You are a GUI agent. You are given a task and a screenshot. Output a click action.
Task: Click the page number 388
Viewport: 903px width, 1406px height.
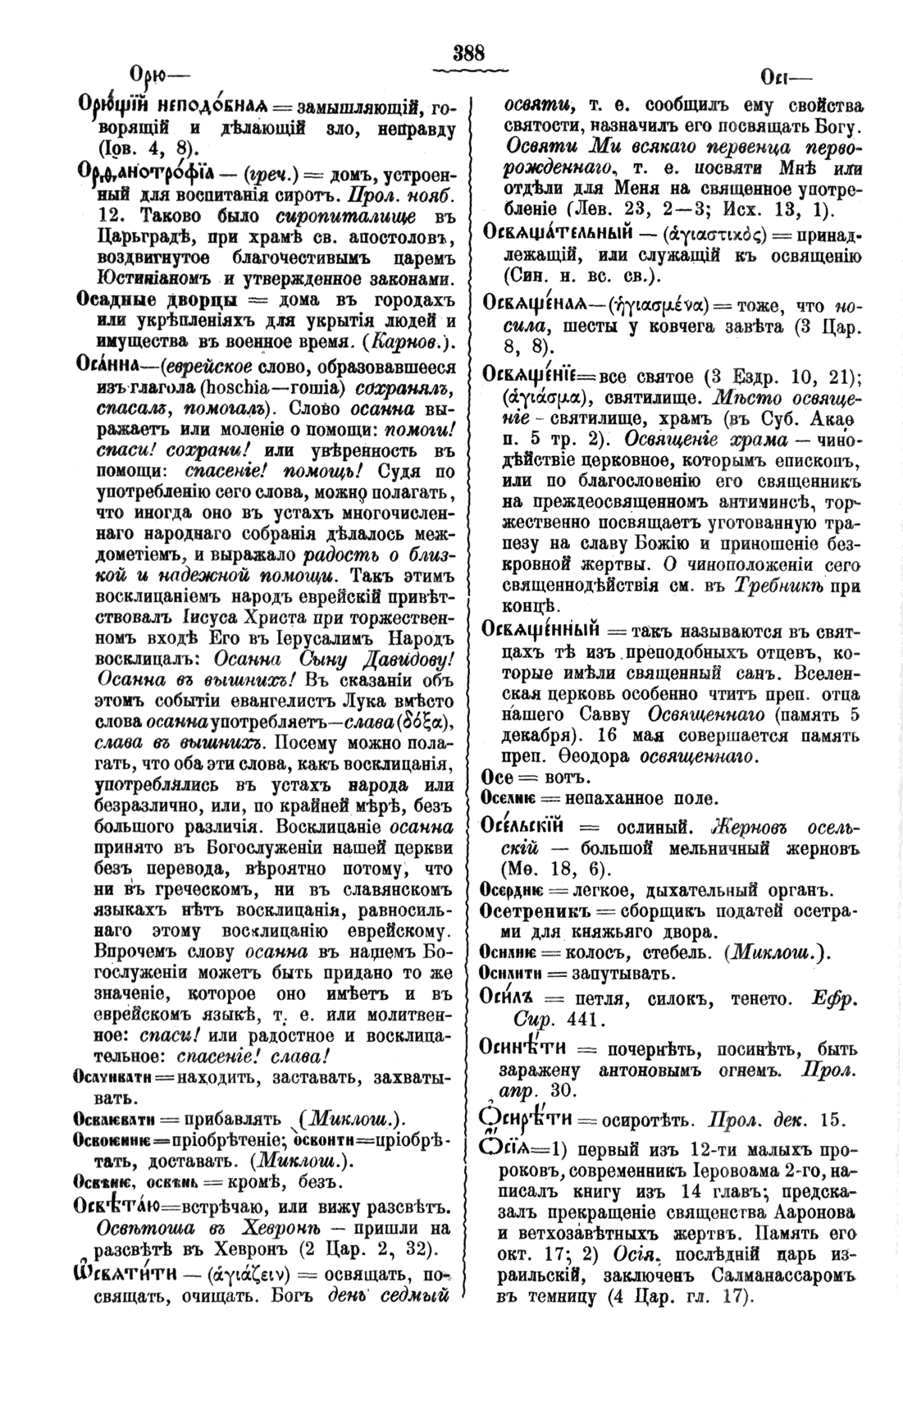469,53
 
